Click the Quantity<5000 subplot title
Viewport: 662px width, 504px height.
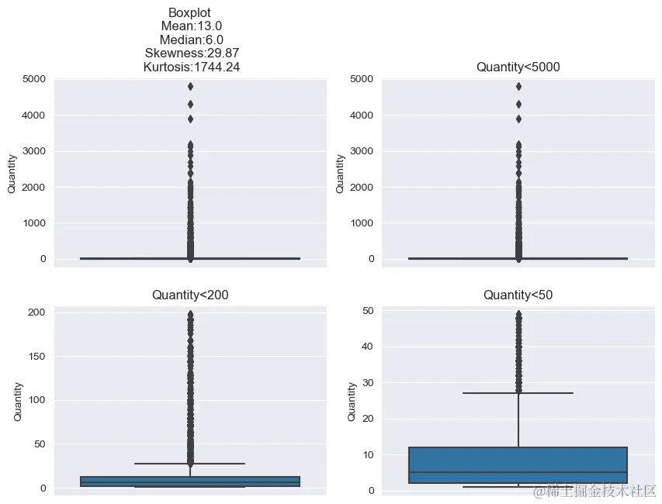tap(518, 67)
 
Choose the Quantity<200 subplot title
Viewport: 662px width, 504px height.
tap(190, 295)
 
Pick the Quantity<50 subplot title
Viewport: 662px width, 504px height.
tap(518, 295)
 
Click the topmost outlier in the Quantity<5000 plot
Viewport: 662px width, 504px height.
tap(518, 86)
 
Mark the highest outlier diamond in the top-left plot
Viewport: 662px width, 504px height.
tap(190, 86)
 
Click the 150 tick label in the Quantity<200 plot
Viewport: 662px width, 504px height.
tap(36, 356)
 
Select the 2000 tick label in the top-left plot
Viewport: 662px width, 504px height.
tap(33, 187)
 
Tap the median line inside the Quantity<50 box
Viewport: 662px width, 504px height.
tap(518, 472)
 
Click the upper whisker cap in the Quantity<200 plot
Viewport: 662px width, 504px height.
tap(190, 464)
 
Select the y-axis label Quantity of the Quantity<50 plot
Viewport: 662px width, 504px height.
tap(352, 401)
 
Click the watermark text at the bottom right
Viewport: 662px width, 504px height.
tap(594, 491)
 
